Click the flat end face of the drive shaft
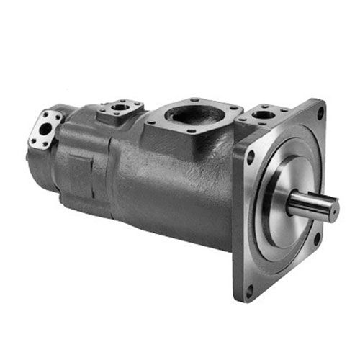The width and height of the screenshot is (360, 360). pos(333,209)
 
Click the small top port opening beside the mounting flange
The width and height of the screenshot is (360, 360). pos(264,114)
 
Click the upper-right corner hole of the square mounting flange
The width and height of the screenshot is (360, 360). pos(320,112)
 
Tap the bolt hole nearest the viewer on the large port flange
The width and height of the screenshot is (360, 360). pos(191,131)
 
